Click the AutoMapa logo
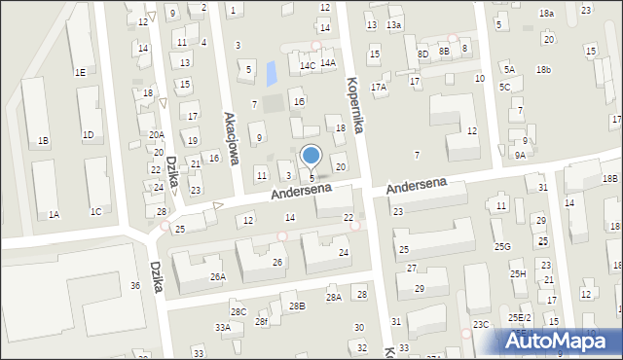559,341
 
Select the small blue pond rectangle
271,70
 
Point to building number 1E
80,72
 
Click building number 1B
43,141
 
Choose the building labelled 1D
88,134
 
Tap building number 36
135,285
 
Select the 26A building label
218,276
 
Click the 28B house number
297,306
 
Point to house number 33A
223,328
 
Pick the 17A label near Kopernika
378,87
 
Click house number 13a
393,24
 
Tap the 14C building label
307,65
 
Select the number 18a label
547,13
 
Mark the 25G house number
502,246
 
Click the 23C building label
481,324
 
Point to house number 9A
521,154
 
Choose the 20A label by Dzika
157,135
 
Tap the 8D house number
422,54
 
